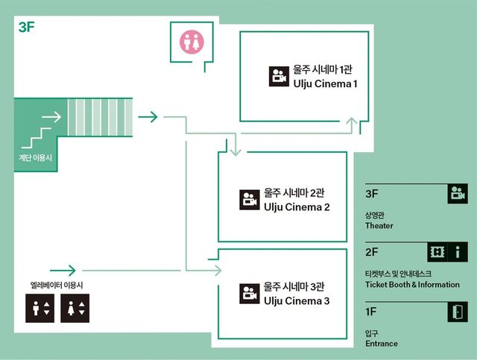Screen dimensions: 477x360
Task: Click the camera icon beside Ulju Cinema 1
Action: click(x=278, y=77)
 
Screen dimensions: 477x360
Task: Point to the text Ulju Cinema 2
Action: click(x=297, y=206)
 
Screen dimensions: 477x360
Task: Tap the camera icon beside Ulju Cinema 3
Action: click(x=249, y=294)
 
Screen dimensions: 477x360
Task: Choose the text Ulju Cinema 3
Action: click(x=297, y=300)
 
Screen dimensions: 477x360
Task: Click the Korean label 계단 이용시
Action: click(x=37, y=158)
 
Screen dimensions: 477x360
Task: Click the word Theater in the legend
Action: click(x=379, y=226)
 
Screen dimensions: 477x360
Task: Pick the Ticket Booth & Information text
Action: click(x=412, y=285)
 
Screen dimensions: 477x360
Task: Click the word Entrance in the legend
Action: click(x=382, y=344)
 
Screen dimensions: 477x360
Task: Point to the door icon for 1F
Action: click(x=457, y=312)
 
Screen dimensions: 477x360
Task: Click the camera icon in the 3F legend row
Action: click(x=457, y=194)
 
